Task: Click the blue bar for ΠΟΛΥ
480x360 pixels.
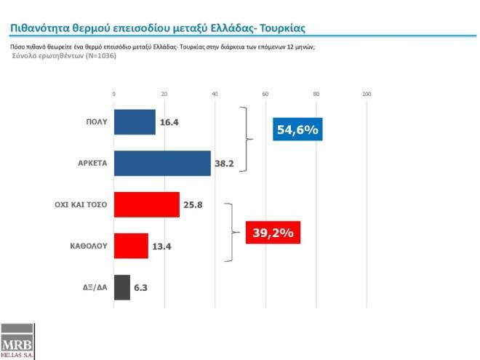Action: (135, 122)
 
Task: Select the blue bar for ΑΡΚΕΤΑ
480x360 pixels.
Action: (162, 163)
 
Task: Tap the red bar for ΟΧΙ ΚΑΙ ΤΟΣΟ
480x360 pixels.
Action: (146, 204)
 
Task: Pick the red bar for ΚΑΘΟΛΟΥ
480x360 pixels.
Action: (131, 246)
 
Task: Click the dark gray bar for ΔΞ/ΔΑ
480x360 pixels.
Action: (121, 287)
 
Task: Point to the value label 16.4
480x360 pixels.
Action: (169, 122)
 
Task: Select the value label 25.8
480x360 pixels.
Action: (193, 205)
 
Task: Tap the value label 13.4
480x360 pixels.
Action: (161, 246)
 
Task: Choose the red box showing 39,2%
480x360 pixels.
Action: (273, 232)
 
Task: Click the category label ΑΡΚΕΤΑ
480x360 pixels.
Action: (92, 164)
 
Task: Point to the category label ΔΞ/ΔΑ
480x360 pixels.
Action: (95, 287)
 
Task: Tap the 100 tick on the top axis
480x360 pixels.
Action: (367, 94)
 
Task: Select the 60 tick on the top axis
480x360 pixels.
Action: (265, 94)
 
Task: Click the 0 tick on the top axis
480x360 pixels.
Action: (113, 94)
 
